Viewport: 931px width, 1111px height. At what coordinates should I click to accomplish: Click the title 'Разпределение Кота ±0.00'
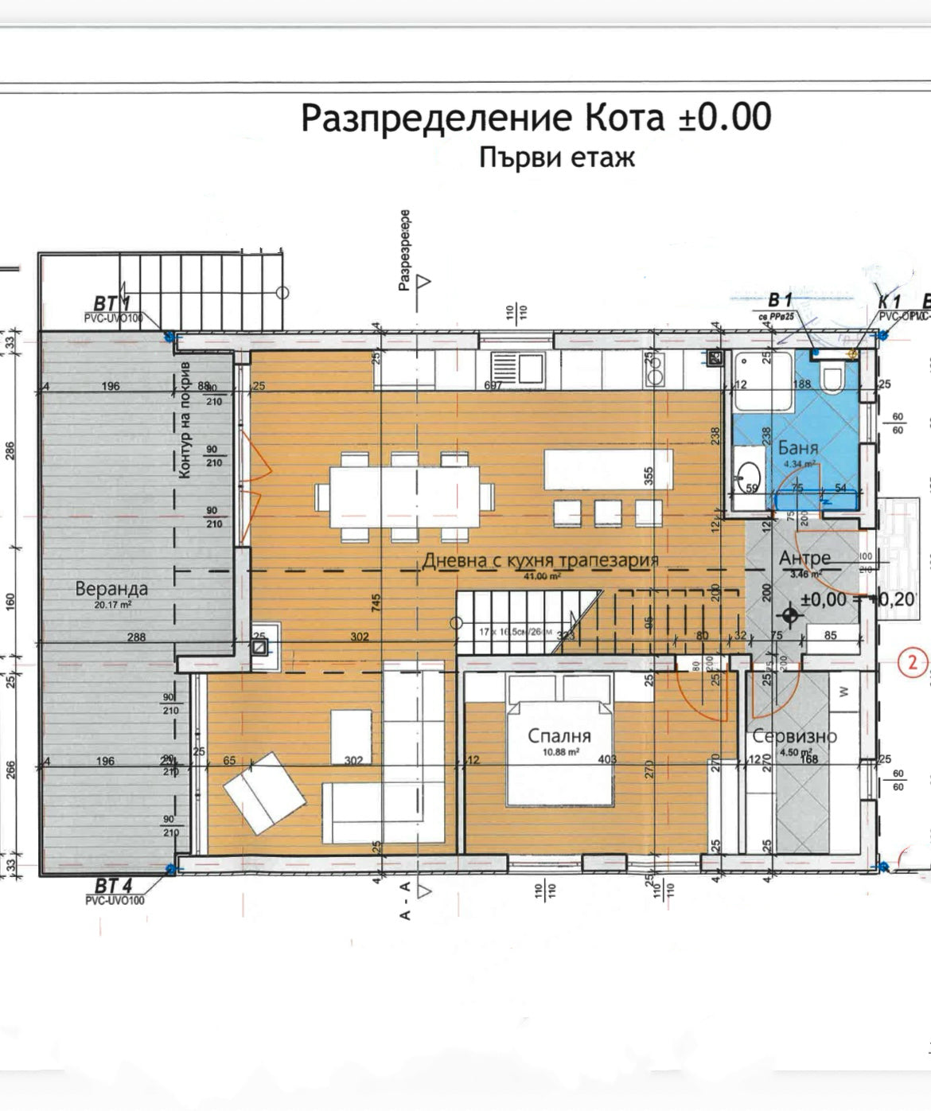tap(536, 118)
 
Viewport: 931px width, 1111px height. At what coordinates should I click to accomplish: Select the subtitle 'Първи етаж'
tap(557, 158)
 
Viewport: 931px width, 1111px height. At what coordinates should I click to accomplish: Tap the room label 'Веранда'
tap(111, 589)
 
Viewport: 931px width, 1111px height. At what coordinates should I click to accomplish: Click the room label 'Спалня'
tap(560, 735)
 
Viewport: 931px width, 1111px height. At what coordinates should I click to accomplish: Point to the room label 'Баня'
tap(798, 448)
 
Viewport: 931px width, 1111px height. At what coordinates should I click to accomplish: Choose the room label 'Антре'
tap(804, 558)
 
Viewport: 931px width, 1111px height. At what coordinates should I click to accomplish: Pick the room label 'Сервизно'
tap(794, 736)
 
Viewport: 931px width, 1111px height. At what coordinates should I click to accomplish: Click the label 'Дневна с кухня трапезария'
tap(540, 559)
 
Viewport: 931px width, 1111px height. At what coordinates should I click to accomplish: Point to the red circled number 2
tap(913, 661)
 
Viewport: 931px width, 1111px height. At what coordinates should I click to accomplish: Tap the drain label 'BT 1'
tap(111, 304)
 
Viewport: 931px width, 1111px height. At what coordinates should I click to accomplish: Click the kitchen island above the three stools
tap(608, 470)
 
